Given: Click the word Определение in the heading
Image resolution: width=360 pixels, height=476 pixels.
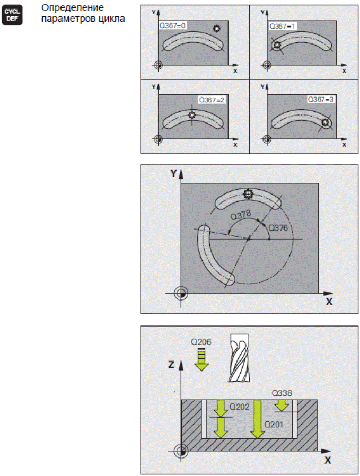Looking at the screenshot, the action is (73, 7).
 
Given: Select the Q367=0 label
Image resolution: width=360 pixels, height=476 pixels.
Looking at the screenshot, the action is (172, 25).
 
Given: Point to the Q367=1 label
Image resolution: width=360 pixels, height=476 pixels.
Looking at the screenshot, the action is (282, 26).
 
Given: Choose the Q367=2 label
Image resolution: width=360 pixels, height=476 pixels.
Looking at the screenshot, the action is (212, 100).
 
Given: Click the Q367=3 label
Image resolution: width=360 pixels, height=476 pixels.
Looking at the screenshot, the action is (321, 99).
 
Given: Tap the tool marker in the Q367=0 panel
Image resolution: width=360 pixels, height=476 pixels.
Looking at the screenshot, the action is (217, 29).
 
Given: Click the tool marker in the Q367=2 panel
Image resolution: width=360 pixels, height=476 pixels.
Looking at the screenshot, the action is (191, 115).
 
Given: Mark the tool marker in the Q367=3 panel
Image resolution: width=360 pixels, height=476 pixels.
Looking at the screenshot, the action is (325, 122).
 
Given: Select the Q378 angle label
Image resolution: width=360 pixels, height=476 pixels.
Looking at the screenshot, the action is (241, 215).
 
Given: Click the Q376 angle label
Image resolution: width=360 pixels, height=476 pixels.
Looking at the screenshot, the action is (278, 228).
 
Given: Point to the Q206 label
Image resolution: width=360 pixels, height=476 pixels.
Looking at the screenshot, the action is (201, 342).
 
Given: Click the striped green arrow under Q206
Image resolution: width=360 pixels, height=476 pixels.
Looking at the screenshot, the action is (201, 359).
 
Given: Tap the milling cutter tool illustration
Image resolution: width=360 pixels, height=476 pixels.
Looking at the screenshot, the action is (239, 358).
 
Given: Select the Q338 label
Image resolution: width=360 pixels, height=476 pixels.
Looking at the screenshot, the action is (282, 393).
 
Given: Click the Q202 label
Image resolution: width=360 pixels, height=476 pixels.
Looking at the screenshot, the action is (240, 407).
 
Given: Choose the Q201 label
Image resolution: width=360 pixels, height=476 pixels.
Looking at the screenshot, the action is (274, 424).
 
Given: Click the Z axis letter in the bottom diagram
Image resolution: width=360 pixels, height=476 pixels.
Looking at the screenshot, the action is (171, 364).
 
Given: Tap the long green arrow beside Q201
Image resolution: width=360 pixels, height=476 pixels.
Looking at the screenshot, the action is (258, 419).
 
